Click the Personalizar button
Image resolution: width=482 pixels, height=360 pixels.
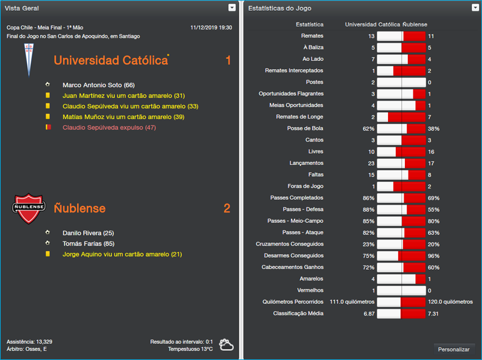click(x=454, y=349)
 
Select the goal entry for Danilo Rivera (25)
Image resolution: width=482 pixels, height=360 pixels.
click(x=88, y=233)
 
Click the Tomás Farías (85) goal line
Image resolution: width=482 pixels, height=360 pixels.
click(x=88, y=244)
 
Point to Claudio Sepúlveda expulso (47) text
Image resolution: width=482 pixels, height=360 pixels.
click(x=109, y=128)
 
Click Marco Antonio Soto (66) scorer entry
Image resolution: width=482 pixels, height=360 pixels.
click(x=98, y=85)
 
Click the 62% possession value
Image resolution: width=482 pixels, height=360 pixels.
click(x=368, y=129)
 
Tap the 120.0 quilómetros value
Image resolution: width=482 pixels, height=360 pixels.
click(x=450, y=302)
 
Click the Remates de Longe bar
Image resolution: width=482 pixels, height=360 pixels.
click(x=401, y=117)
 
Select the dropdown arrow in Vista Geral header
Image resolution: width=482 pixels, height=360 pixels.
click(x=232, y=8)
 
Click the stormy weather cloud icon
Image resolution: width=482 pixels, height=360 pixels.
click(x=227, y=344)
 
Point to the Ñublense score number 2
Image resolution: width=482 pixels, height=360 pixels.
click(x=227, y=209)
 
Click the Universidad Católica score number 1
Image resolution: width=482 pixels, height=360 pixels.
click(x=228, y=61)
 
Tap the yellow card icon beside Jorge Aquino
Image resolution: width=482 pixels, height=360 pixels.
click(x=48, y=255)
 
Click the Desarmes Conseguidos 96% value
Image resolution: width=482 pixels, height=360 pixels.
click(x=434, y=256)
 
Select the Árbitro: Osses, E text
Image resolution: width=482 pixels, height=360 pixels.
click(x=27, y=349)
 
